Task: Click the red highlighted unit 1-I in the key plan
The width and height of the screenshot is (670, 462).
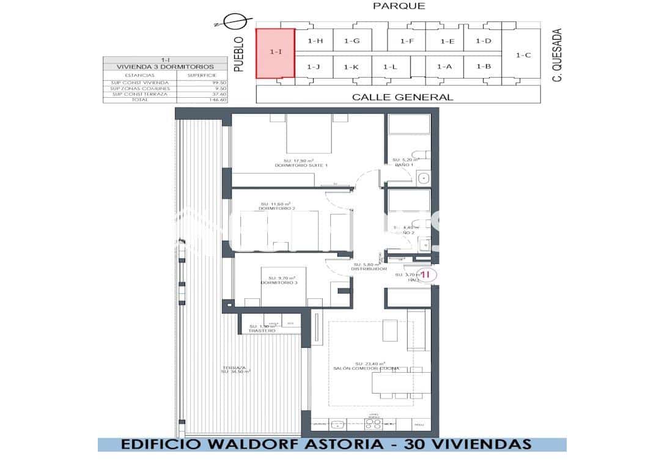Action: (x=275, y=53)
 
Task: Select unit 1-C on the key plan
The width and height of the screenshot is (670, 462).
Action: (x=523, y=55)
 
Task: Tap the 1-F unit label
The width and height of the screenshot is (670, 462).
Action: (x=407, y=41)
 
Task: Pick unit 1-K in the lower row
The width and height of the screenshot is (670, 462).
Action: (x=351, y=67)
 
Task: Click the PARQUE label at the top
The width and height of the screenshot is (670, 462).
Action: (x=399, y=6)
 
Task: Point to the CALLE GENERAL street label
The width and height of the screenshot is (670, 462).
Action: (x=403, y=97)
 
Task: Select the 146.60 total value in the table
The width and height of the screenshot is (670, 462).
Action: (x=218, y=100)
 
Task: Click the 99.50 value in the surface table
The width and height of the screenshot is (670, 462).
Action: (x=218, y=82)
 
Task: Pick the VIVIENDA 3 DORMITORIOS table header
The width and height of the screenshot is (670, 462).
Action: (x=166, y=66)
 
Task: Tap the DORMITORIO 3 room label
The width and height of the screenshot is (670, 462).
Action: (x=279, y=282)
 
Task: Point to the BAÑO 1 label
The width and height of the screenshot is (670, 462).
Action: (x=403, y=165)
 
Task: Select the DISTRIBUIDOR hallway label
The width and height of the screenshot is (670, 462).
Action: (x=369, y=269)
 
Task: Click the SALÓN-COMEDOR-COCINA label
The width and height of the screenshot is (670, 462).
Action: (x=367, y=369)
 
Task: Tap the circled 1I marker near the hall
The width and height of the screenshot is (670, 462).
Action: (x=427, y=275)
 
